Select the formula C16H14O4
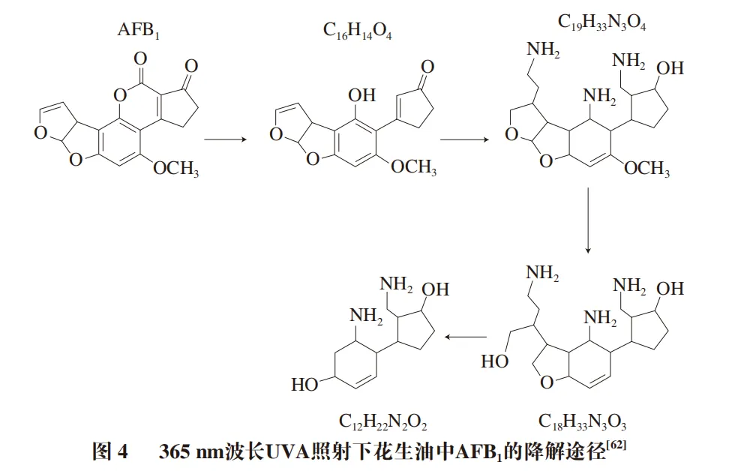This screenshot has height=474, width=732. (x=358, y=31)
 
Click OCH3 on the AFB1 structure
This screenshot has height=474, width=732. (x=175, y=169)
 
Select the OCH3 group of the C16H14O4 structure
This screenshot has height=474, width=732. (x=413, y=167)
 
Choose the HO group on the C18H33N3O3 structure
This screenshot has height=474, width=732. (x=493, y=361)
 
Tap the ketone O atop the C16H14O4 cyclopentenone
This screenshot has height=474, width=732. (x=427, y=67)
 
